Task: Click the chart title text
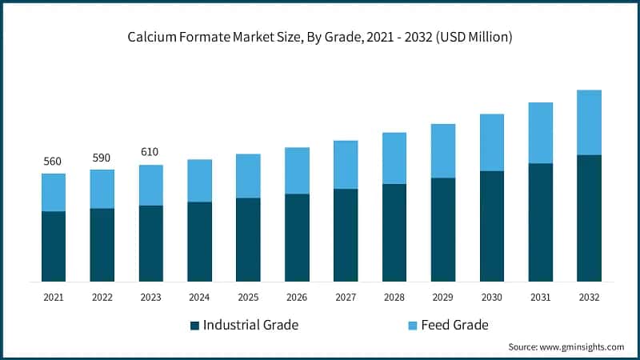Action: point(319,37)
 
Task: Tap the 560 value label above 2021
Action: point(53,162)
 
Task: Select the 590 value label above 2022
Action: point(102,158)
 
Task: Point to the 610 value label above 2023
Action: point(150,153)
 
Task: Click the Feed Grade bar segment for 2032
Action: point(589,122)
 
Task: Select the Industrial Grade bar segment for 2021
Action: point(54,246)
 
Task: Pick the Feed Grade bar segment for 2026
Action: point(297,170)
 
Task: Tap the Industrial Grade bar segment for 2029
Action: point(443,230)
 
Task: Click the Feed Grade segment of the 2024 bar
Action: point(199,181)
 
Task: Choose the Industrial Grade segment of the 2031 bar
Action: point(540,222)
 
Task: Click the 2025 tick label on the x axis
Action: point(248,298)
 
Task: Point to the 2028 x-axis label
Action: point(394,298)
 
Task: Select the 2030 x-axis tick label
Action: point(492,298)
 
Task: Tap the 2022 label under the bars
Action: point(102,298)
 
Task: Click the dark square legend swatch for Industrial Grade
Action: point(194,326)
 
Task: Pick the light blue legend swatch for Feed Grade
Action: point(413,326)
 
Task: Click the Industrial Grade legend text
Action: point(250,325)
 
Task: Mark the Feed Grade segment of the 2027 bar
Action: point(346,165)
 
